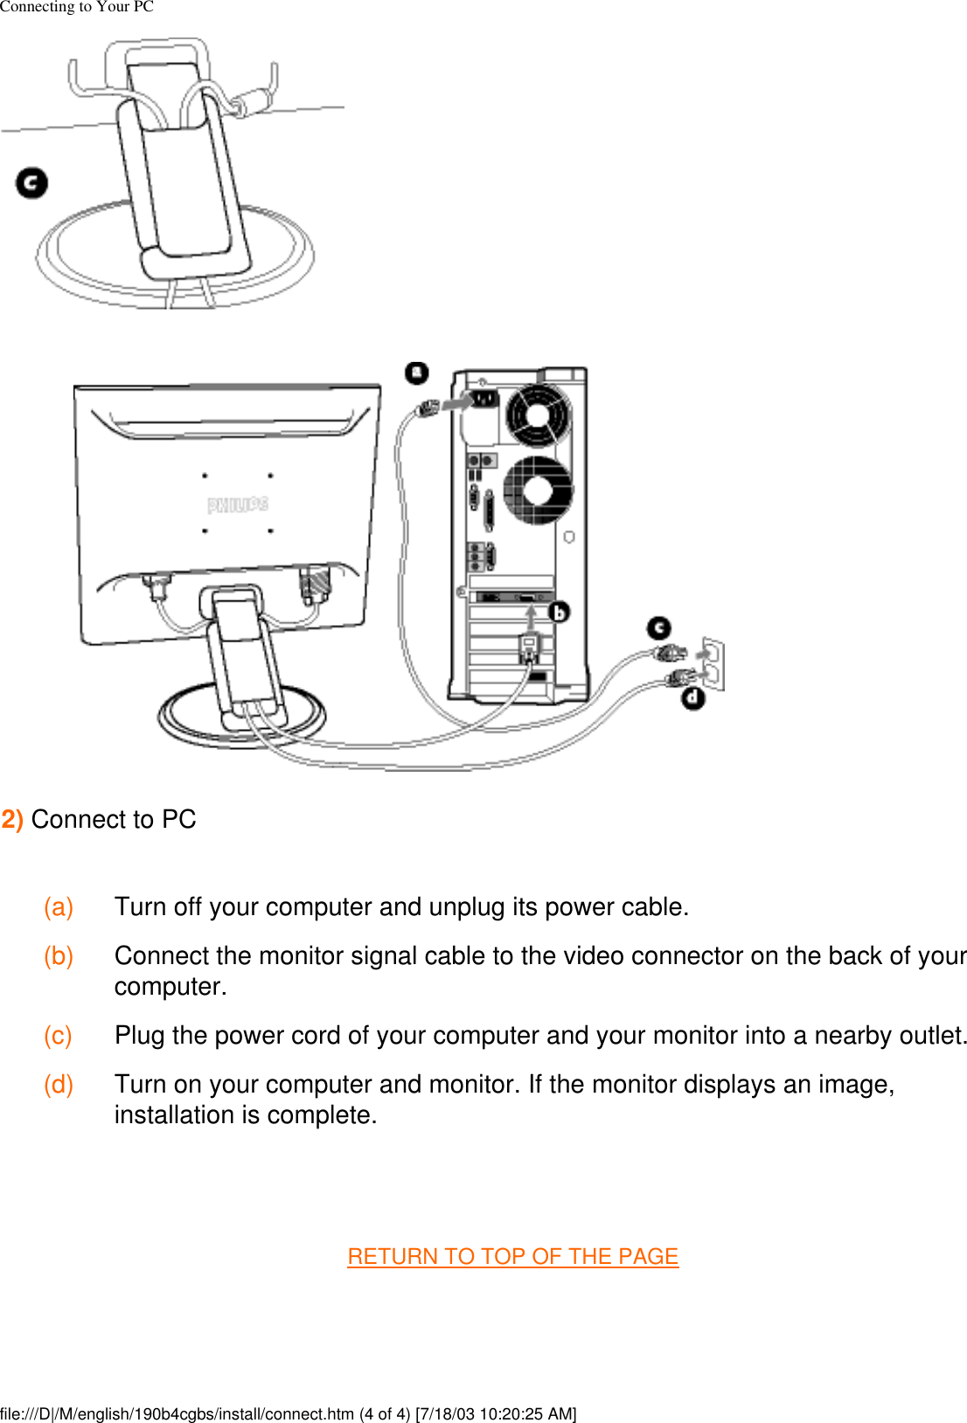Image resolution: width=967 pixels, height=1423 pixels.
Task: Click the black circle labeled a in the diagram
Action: tap(417, 373)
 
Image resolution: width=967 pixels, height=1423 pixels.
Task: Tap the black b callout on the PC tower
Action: tap(559, 612)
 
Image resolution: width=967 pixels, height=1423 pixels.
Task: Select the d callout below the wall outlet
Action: tap(693, 698)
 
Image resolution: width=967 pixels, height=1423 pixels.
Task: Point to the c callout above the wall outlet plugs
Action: tap(659, 628)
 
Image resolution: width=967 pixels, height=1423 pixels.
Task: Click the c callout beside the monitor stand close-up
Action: tap(32, 184)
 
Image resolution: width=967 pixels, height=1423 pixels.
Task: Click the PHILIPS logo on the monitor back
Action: tap(238, 504)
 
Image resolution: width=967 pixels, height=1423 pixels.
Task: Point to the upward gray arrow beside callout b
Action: tap(531, 619)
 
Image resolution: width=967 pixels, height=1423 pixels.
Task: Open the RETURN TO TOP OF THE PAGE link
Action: tap(512, 1256)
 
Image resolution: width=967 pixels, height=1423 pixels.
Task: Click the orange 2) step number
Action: tap(12, 819)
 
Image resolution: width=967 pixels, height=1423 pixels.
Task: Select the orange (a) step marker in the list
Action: tap(59, 906)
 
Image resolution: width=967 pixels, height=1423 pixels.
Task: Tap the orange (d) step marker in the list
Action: tap(59, 1084)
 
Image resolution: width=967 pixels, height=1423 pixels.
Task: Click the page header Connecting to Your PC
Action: tap(77, 7)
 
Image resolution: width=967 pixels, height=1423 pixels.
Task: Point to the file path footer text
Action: tap(289, 1413)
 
